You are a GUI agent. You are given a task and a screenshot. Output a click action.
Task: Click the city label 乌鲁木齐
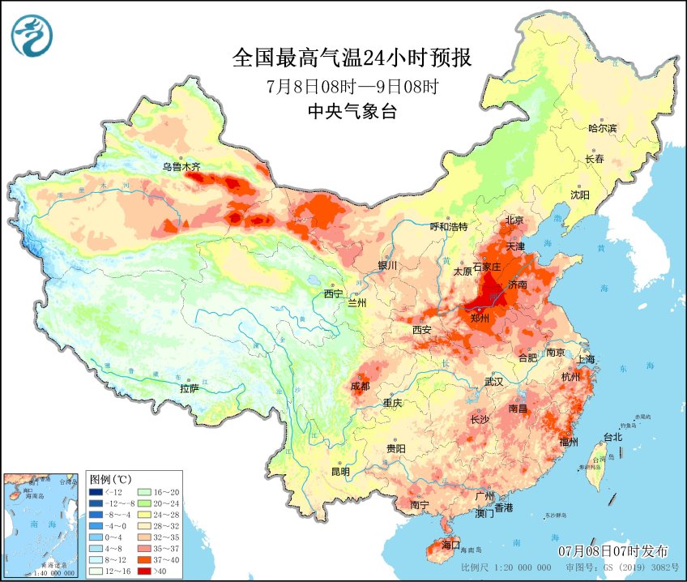tap(180, 168)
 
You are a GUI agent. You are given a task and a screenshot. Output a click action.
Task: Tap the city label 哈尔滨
tap(602, 128)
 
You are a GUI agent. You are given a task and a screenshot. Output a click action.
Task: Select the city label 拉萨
tap(189, 388)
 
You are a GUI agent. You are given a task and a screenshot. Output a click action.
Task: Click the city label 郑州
tap(480, 318)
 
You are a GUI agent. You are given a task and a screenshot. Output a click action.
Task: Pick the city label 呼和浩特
tap(448, 227)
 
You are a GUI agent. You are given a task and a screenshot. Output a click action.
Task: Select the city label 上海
tap(585, 359)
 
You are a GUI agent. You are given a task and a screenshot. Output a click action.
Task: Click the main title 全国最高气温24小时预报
tap(352, 58)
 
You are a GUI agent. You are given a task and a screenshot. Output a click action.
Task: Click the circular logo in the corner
tap(32, 36)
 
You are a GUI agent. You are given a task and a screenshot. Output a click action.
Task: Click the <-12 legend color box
tap(96, 491)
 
